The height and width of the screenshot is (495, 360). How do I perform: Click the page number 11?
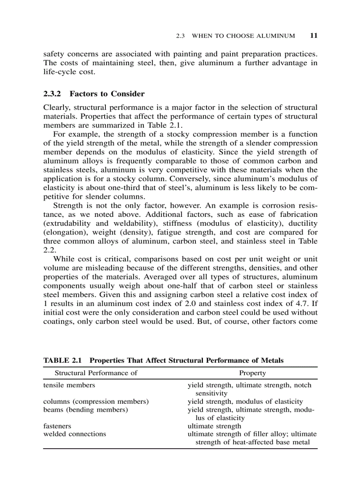point(313,36)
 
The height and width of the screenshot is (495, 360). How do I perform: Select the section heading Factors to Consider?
point(107,94)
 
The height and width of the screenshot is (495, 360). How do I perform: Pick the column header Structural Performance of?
point(96,373)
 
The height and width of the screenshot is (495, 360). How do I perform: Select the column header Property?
point(252,373)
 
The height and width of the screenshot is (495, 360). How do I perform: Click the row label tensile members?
point(69,385)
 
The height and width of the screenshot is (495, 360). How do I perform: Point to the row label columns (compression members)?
point(96,401)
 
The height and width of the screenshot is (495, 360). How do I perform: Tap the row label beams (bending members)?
point(85,409)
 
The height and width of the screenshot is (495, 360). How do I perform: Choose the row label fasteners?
point(57,426)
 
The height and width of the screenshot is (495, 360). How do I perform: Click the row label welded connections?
point(75,434)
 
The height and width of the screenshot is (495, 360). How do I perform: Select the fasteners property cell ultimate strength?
point(214,426)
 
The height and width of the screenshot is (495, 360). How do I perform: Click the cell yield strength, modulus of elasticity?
point(245,401)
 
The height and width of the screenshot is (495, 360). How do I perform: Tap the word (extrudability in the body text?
point(66,223)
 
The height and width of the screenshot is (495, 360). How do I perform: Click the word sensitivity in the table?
point(211,393)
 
